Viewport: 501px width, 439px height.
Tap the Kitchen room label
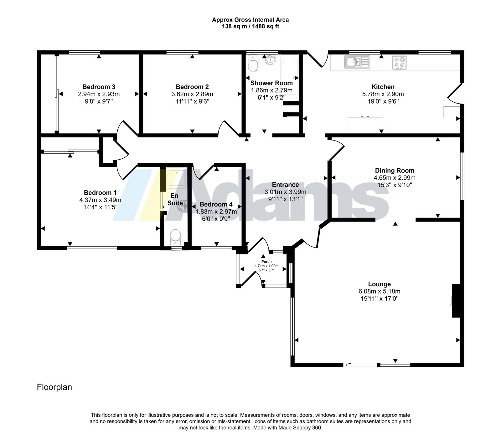click(383, 87)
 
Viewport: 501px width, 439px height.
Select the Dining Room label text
click(395, 171)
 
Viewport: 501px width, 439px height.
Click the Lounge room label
click(379, 284)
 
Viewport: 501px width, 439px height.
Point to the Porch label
click(266, 262)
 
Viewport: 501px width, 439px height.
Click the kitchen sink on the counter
click(357, 62)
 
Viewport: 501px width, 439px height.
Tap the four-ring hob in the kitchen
click(400, 62)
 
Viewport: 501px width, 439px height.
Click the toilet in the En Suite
click(175, 237)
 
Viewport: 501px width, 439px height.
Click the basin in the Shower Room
click(270, 60)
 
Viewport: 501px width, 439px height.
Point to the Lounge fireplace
click(456, 301)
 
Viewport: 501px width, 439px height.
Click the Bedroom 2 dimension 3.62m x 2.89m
click(192, 94)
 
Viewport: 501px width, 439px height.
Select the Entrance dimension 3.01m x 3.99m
click(285, 192)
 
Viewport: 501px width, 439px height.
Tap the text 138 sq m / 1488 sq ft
click(250, 27)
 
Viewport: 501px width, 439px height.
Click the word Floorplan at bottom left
click(54, 387)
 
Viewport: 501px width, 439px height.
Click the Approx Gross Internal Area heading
click(250, 20)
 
